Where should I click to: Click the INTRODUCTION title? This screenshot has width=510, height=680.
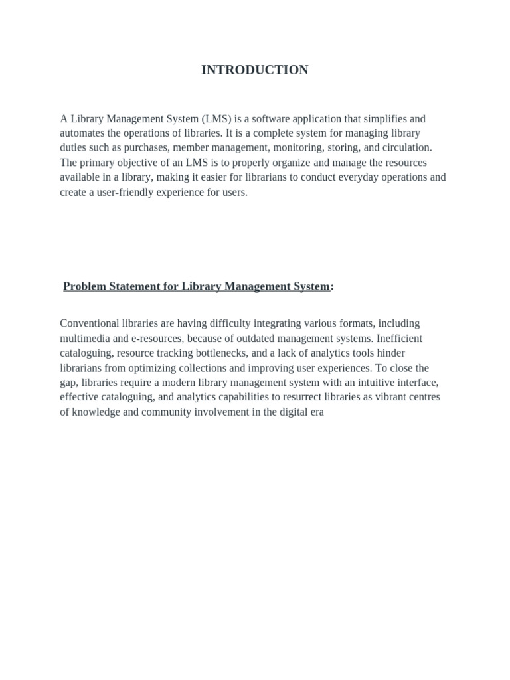[x=255, y=70]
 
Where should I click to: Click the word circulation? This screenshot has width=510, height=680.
[x=404, y=148]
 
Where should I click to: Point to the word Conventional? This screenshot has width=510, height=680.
[x=88, y=323]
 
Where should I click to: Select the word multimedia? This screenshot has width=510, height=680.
[x=83, y=338]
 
